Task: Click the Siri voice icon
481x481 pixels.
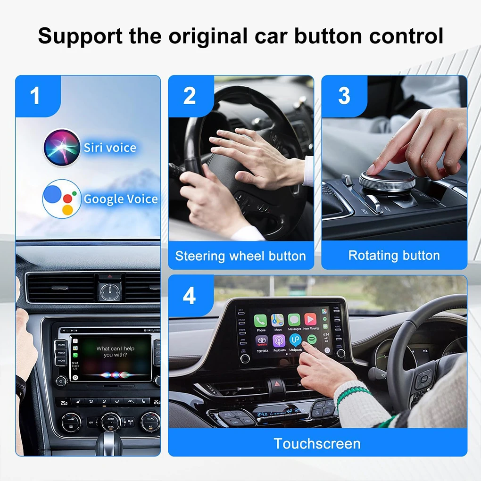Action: pos(62,147)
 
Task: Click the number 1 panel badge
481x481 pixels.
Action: pos(35,96)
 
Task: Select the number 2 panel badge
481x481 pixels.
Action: pos(189,96)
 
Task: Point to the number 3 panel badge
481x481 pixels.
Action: pos(344,96)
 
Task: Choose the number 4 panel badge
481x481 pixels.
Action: pos(189,297)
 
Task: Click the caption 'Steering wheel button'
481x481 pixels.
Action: pos(240,256)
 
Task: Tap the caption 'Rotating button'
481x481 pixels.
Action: pos(394,256)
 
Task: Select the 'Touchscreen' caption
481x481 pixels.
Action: pos(317,444)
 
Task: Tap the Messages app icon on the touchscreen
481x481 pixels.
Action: pos(294,320)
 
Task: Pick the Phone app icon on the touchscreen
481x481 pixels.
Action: pos(261,321)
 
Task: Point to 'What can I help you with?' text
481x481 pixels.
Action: pos(116,352)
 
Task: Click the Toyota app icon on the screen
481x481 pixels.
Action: pos(262,341)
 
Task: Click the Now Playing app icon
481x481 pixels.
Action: pos(310,320)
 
